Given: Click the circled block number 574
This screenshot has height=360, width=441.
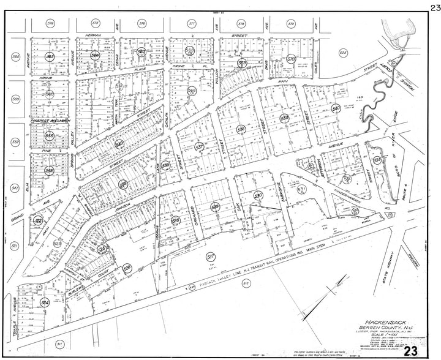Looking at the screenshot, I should click(x=50, y=23).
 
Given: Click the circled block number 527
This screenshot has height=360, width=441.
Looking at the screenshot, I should click(x=211, y=257).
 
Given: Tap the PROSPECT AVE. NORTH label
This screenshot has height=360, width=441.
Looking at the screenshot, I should click(x=48, y=121).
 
